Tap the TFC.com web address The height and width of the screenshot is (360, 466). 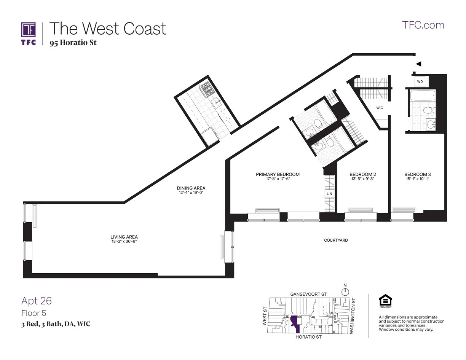click(x=423, y=25)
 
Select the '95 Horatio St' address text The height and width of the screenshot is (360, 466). click(x=73, y=43)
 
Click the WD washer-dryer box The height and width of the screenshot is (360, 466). click(x=420, y=81)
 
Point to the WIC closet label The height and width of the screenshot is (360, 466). click(x=380, y=108)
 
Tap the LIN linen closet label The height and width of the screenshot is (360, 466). click(x=329, y=194)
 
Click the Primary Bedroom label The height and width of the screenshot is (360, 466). click(x=278, y=174)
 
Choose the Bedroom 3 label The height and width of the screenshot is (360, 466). click(x=417, y=174)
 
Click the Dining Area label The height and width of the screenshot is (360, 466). click(x=191, y=188)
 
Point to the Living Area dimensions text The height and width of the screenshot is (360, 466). click(x=124, y=242)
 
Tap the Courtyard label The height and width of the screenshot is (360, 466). click(x=336, y=240)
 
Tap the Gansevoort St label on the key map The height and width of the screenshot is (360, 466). click(x=308, y=294)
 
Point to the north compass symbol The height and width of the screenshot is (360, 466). click(x=345, y=292)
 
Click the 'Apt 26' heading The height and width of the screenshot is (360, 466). click(x=37, y=301)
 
